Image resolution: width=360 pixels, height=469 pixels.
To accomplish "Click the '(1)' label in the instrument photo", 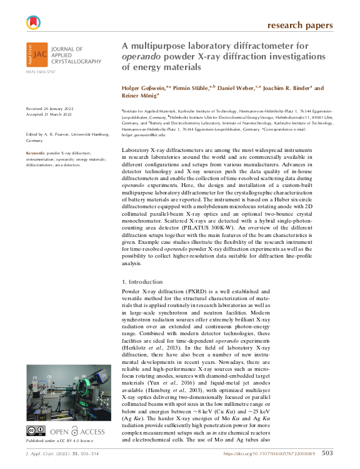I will click(x=36, y=378).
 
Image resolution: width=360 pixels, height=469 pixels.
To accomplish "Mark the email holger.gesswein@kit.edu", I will click(x=143, y=134).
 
